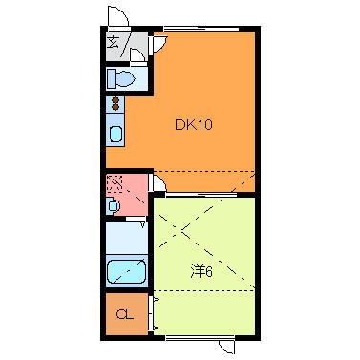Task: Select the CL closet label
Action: tap(123, 314)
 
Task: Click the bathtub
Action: tap(125, 272)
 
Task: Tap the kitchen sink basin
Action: tap(116, 134)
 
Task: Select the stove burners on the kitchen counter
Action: tap(116, 102)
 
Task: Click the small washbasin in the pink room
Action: tap(114, 205)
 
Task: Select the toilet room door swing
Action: tap(139, 60)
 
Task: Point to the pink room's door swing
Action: tap(159, 180)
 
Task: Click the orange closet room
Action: tap(125, 314)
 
